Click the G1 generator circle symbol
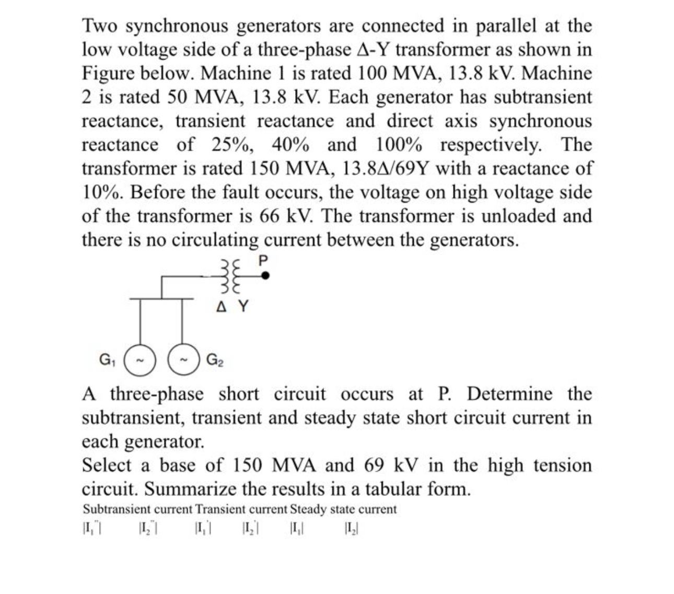[x=140, y=360]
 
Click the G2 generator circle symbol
[x=184, y=360]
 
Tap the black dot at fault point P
[x=265, y=276]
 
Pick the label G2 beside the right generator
[x=215, y=360]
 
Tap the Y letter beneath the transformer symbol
[x=243, y=306]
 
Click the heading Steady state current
[x=343, y=509]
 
